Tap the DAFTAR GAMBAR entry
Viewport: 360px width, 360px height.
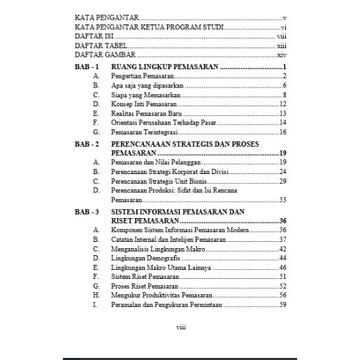(99, 54)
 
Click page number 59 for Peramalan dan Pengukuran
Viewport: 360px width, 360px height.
(283, 305)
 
